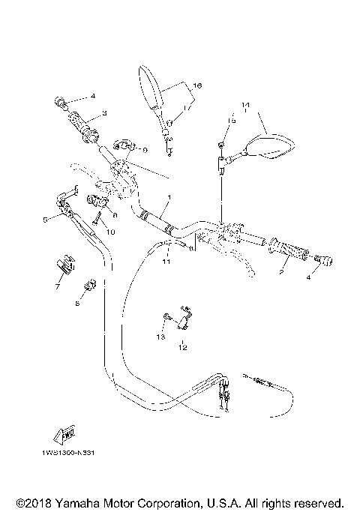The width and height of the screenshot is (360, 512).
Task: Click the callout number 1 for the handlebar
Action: [169, 198]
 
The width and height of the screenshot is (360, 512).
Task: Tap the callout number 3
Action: [105, 112]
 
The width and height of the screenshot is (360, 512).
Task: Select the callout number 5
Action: [45, 220]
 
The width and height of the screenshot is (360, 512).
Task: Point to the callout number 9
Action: [144, 150]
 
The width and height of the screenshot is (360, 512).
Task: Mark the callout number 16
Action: [198, 87]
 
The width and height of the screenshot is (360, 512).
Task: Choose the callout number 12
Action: [182, 348]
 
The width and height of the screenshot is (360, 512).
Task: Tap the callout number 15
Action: [232, 120]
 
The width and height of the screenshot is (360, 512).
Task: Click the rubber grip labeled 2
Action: [293, 253]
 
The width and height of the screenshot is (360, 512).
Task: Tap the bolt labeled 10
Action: [98, 220]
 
